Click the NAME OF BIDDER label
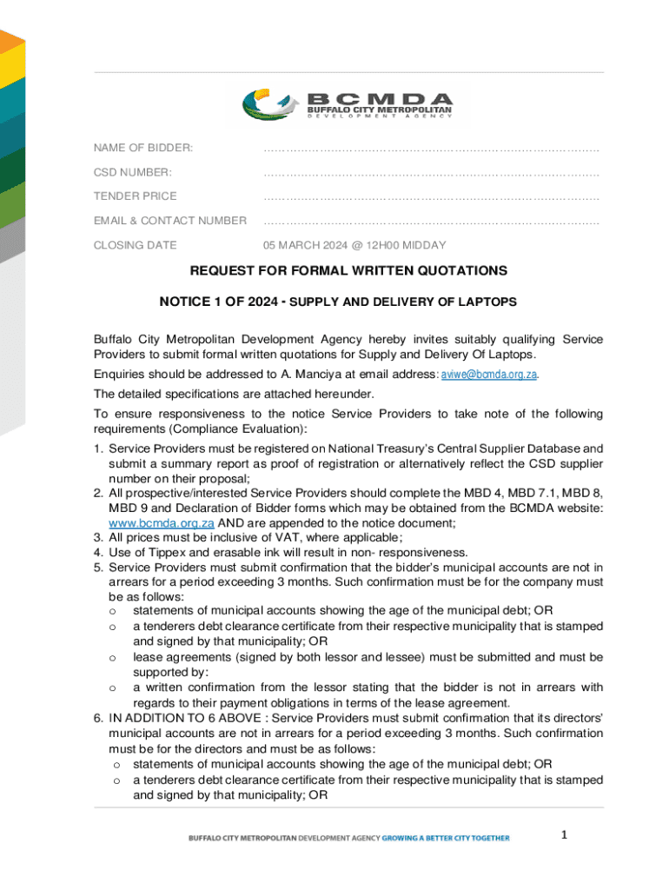point(143,148)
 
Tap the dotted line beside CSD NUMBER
point(431,172)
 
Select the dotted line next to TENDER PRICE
point(431,196)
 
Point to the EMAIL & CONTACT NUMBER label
point(170,221)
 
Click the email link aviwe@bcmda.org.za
point(489,375)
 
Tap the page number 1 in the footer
point(563,835)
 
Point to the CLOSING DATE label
point(135,245)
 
